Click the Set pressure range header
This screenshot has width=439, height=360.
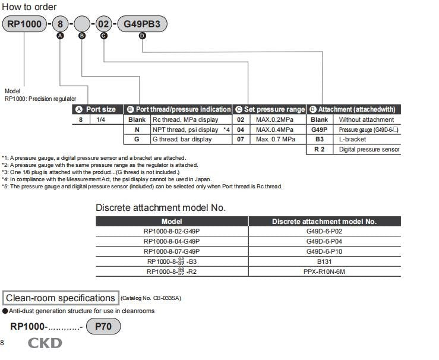(270, 109)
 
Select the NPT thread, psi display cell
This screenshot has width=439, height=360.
(185, 130)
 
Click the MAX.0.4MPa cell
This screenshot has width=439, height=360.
(274, 130)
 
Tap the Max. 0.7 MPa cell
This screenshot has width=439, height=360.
(275, 140)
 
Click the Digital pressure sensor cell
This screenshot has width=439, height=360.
(369, 150)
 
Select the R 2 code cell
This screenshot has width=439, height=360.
(319, 150)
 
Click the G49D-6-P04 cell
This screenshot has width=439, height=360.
(324, 241)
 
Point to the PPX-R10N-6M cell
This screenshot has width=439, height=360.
(324, 271)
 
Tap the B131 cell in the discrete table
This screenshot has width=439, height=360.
(324, 261)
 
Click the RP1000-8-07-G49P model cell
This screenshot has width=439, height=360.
(172, 251)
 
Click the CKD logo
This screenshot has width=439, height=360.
(45, 343)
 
